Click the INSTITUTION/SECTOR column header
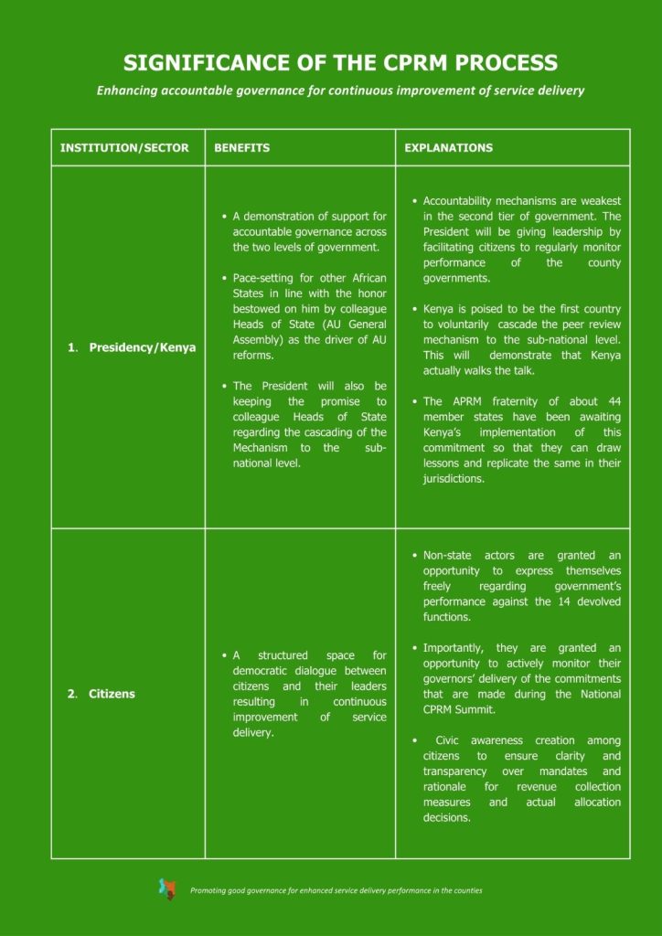click(x=124, y=148)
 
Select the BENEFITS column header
click(x=241, y=148)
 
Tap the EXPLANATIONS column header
click(x=448, y=148)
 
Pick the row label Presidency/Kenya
click(x=142, y=348)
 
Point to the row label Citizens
click(x=112, y=694)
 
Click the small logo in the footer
click(x=167, y=888)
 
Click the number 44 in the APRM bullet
click(x=614, y=401)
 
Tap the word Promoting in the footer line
click(x=209, y=890)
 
